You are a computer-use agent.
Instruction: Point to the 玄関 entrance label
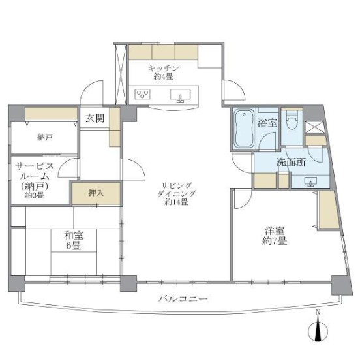coord(94,118)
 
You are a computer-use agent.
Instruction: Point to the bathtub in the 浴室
coord(244,127)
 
